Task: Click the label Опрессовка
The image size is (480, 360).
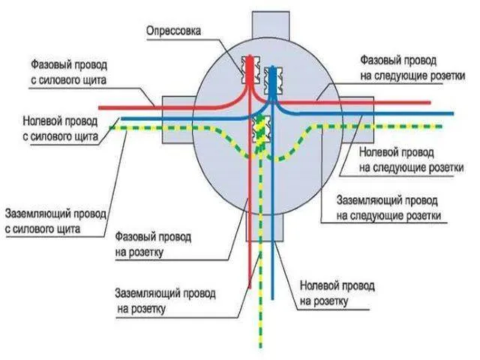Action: click(173, 31)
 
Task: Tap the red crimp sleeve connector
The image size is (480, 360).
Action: click(250, 70)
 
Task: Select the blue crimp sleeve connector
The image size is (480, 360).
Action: click(272, 80)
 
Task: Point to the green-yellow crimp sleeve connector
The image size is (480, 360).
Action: click(261, 129)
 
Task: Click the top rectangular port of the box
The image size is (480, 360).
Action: click(271, 25)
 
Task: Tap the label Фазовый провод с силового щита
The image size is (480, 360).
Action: click(69, 73)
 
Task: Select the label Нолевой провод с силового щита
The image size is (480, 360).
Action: click(60, 128)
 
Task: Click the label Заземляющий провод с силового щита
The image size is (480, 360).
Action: click(55, 221)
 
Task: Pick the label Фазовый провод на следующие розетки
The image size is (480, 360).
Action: click(412, 67)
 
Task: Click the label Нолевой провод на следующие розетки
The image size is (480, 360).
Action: click(411, 160)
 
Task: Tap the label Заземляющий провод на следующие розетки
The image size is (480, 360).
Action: click(388, 208)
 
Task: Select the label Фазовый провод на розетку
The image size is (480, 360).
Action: click(153, 244)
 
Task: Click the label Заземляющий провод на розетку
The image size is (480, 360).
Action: click(165, 301)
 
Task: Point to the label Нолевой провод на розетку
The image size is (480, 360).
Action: click(337, 293)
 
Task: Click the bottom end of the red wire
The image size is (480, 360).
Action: click(250, 287)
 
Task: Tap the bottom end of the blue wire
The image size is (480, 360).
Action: click(273, 298)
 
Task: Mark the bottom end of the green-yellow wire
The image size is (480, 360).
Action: click(260, 347)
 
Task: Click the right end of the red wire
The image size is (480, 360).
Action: click(430, 103)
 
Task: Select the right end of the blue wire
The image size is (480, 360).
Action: click(452, 113)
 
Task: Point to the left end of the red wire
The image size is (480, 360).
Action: click(100, 108)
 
